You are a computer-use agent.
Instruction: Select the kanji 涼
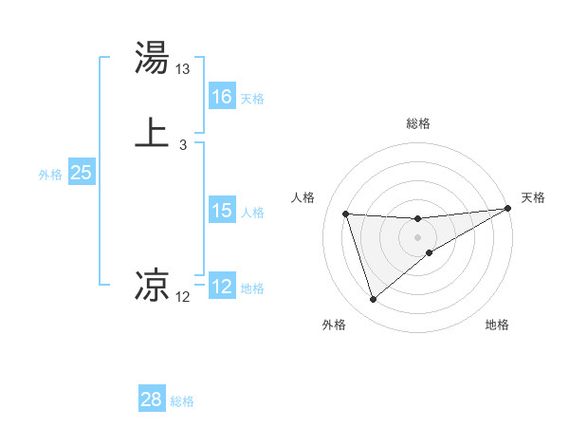(x=153, y=283)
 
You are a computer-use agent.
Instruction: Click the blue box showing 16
(x=222, y=97)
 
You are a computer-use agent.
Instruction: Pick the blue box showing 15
(x=222, y=211)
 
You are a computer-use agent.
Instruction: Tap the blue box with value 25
(x=82, y=173)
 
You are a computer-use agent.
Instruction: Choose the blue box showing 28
(x=152, y=400)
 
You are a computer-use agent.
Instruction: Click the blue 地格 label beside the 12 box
(x=252, y=288)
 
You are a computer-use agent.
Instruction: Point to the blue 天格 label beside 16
(x=252, y=99)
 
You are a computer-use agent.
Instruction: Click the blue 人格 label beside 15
(x=252, y=213)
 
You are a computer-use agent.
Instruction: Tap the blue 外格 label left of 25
(x=50, y=175)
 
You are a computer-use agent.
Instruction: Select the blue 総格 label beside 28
(x=182, y=401)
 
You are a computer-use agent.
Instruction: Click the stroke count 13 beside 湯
(x=183, y=69)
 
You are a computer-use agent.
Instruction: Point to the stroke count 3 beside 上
(x=182, y=145)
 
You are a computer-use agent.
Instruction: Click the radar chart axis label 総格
(x=418, y=123)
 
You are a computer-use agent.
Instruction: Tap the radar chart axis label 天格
(x=533, y=197)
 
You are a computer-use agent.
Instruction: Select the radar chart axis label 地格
(x=497, y=325)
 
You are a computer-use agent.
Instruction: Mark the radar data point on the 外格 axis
(x=373, y=300)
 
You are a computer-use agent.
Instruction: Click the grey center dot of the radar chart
(x=418, y=237)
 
